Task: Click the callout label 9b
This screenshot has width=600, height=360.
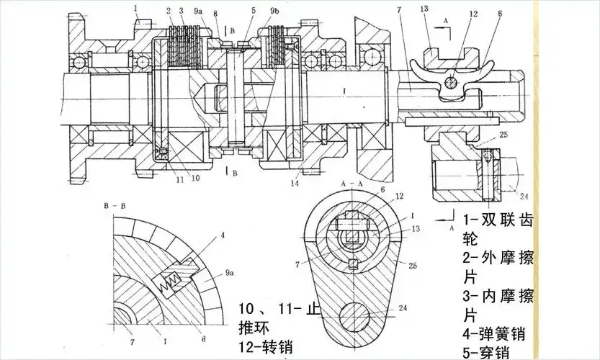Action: coord(274,12)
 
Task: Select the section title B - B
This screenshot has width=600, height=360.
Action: coord(115,206)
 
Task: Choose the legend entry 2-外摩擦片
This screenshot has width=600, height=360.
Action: coord(498,266)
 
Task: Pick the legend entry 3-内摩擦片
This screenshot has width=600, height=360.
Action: coord(498,305)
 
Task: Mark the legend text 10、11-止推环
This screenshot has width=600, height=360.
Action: coord(277,318)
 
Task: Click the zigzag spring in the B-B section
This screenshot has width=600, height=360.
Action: coord(171,279)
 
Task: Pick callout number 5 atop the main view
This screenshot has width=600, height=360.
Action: coord(254,11)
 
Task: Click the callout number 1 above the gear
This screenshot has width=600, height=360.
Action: coord(135,8)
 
